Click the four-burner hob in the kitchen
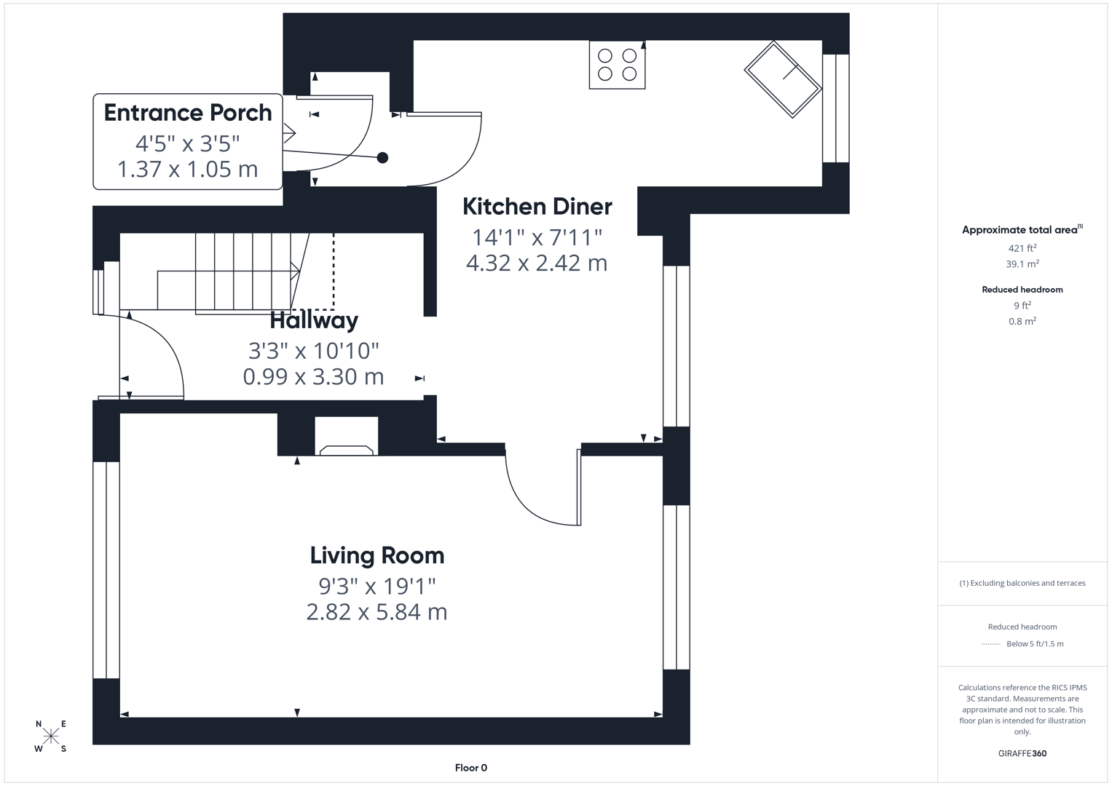617,65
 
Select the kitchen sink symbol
783,79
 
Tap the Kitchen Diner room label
537,207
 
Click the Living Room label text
376,555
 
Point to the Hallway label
314,320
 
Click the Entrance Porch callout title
188,113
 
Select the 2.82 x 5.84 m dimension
376,612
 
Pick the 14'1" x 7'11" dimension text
537,237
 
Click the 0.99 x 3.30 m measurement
313,377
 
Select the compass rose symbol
51,736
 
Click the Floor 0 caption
470,768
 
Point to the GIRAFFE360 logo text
1022,753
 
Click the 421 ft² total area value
1022,248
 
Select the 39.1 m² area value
1022,264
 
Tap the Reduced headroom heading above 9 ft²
1022,290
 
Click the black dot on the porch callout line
382,157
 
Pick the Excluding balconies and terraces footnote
1022,583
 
